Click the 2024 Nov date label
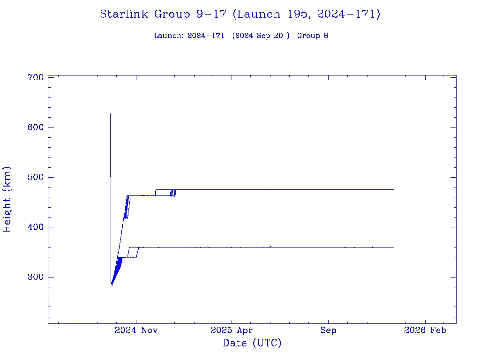pos(136,330)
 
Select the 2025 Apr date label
pos(232,330)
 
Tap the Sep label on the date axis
pos(328,330)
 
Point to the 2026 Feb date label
pos(425,330)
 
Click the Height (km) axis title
pos(7,199)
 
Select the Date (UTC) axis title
pos(252,344)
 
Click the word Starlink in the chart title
pos(125,15)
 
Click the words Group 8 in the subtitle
pos(313,36)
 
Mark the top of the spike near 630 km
pos(110,113)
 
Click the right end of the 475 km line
pos(394,189)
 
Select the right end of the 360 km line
pos(394,247)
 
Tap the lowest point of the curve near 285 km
pos(112,285)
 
